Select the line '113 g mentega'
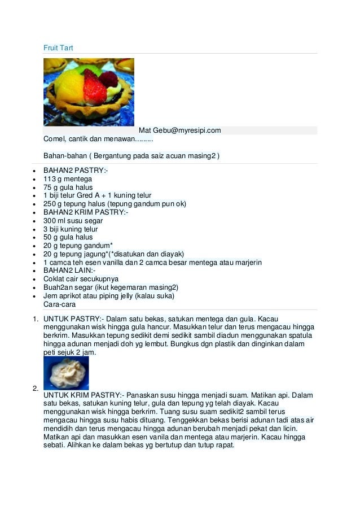point(68,179)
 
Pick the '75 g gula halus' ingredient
point(68,188)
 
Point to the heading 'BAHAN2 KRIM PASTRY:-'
point(86,212)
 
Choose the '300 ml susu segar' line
point(73,221)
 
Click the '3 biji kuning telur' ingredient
point(71,229)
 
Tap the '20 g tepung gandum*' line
point(74,246)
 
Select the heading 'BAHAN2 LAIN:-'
point(69,271)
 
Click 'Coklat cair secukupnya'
point(81,279)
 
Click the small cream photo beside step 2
point(66,373)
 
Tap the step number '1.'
point(35,319)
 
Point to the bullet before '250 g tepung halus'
point(35,204)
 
